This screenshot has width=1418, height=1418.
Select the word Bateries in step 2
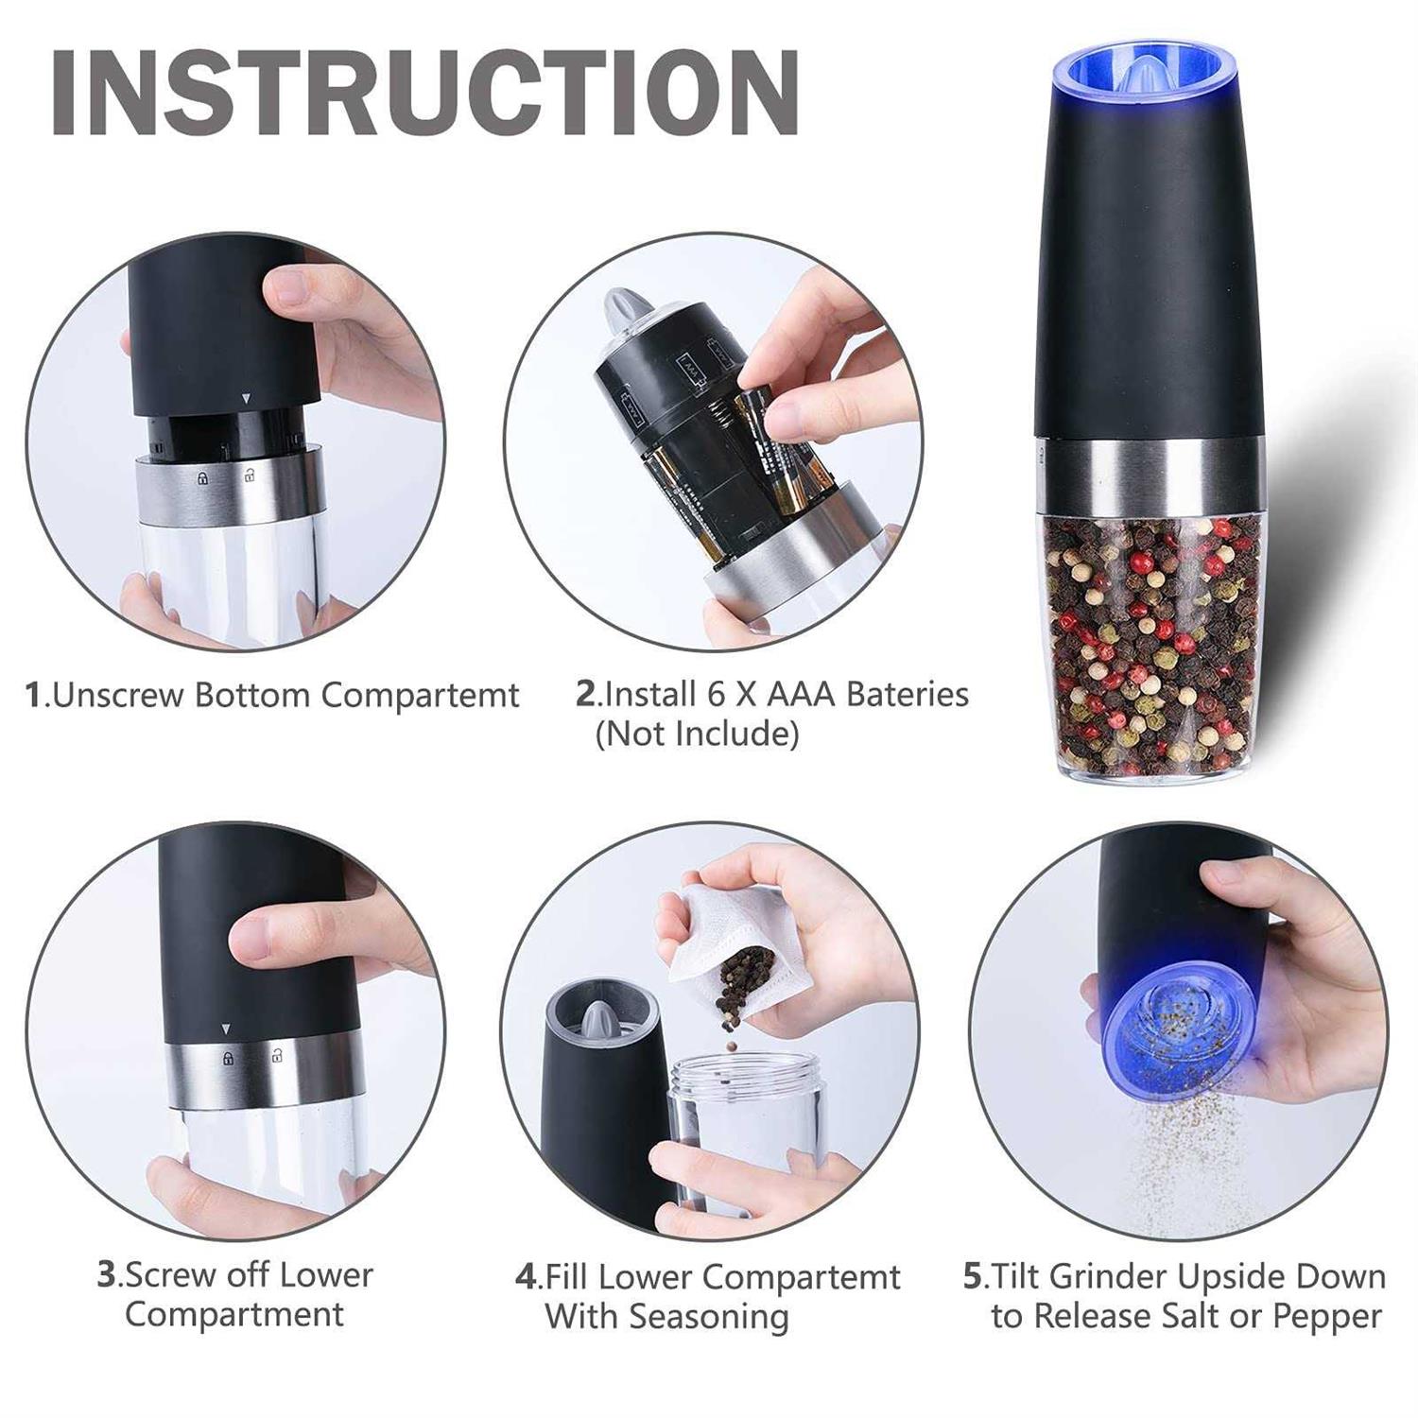pos(908,694)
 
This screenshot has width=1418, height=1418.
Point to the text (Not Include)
pos(697,734)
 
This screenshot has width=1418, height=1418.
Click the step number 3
pos(107,1274)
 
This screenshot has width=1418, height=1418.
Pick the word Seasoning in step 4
pos(709,1316)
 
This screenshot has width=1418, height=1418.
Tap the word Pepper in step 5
pos(1326,1316)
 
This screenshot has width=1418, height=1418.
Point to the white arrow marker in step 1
pos(246,400)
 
